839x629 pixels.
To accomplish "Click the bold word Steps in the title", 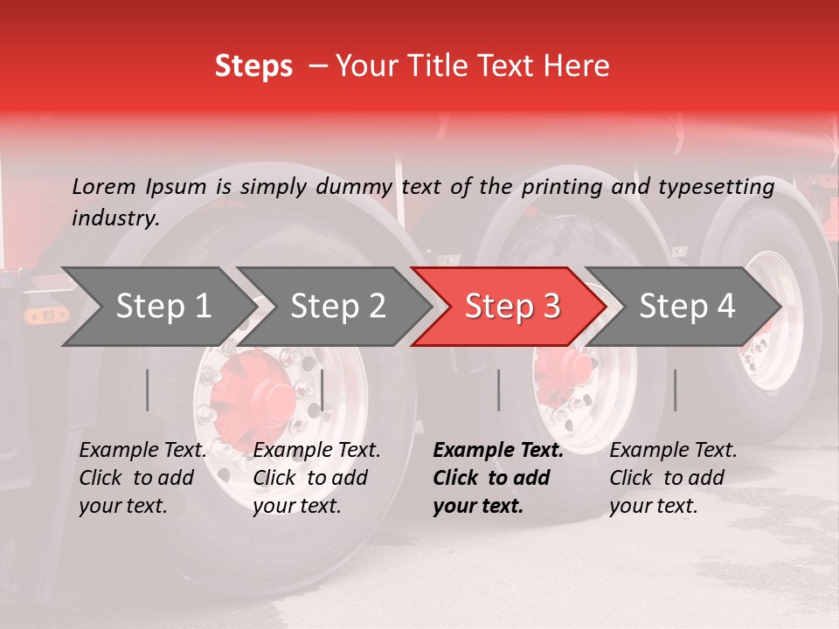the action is tap(253, 66).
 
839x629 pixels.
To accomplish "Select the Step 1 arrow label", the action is tap(163, 306).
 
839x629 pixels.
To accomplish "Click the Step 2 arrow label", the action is tap(338, 306).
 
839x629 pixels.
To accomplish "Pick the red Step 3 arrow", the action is tap(509, 307).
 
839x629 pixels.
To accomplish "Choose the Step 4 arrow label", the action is tap(687, 306).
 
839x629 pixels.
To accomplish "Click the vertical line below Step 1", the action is tap(147, 390).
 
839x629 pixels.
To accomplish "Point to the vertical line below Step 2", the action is tap(322, 390).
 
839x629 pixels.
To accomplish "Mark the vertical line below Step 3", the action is tap(499, 390).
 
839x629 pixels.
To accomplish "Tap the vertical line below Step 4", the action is tap(676, 390).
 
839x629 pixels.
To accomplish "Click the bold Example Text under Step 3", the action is tap(498, 450).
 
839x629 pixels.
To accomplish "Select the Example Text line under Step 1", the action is tap(142, 450).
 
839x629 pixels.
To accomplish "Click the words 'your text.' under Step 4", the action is tap(654, 506).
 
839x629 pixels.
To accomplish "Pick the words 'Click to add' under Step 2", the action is tap(310, 478).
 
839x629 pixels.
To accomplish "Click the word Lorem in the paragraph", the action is tap(104, 187).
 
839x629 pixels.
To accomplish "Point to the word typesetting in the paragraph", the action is tap(717, 188).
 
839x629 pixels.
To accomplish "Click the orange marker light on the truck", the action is tap(46, 315).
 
